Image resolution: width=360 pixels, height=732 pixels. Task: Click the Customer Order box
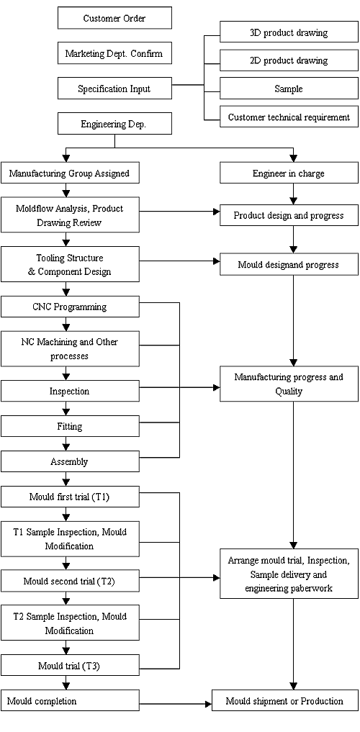pyautogui.click(x=114, y=18)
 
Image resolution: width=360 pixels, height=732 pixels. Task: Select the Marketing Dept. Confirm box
pyautogui.click(x=114, y=53)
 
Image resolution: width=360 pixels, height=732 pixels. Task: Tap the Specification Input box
pyautogui.click(x=114, y=89)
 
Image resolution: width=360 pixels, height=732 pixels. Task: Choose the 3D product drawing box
pyautogui.click(x=289, y=32)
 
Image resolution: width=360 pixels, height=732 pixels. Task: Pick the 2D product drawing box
pyautogui.click(x=289, y=60)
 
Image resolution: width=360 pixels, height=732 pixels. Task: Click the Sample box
pyautogui.click(x=289, y=89)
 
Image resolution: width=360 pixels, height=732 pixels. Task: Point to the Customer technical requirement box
pyautogui.click(x=289, y=117)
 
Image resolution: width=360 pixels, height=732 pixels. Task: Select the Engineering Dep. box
pyautogui.click(x=114, y=124)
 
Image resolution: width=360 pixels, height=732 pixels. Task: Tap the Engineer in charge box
pyautogui.click(x=289, y=173)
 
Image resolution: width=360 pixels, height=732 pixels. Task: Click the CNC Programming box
pyautogui.click(x=70, y=307)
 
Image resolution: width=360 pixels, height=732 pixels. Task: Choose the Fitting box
pyautogui.click(x=70, y=426)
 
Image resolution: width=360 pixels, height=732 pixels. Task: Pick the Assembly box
pyautogui.click(x=70, y=461)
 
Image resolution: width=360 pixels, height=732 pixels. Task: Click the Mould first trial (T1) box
pyautogui.click(x=70, y=496)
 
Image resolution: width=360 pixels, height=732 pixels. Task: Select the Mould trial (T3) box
pyautogui.click(x=70, y=665)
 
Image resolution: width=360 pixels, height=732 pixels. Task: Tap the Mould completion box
pyautogui.click(x=70, y=700)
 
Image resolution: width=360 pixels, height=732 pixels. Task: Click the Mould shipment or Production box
pyautogui.click(x=285, y=700)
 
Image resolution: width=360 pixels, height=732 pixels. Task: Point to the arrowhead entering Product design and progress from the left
pyautogui.click(x=217, y=212)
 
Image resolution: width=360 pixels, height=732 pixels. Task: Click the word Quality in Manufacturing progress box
pyautogui.click(x=289, y=392)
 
